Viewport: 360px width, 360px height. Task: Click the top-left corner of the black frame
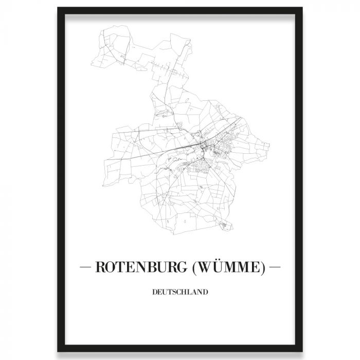pos(58,8)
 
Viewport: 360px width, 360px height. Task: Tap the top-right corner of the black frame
pos(302,8)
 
